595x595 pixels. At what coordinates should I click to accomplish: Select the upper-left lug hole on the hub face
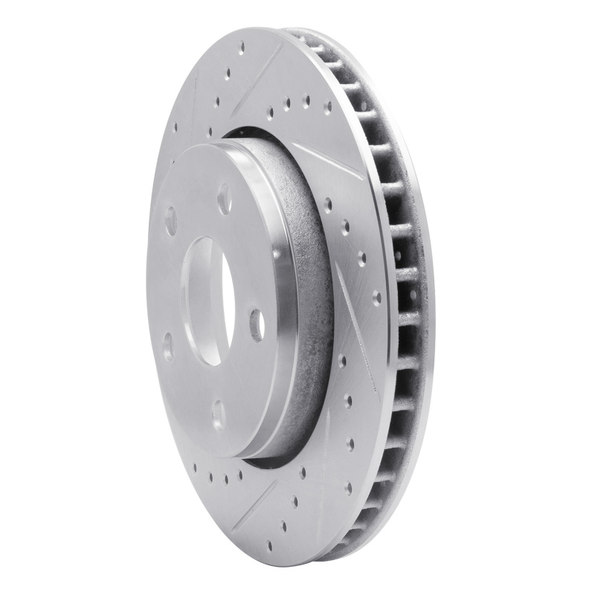pyautogui.click(x=170, y=221)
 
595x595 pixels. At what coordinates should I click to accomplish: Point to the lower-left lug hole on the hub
pyautogui.click(x=167, y=347)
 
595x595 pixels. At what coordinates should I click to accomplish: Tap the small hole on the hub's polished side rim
pyautogui.click(x=277, y=254)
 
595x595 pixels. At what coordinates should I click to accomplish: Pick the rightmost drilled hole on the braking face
pyautogui.click(x=376, y=297)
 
